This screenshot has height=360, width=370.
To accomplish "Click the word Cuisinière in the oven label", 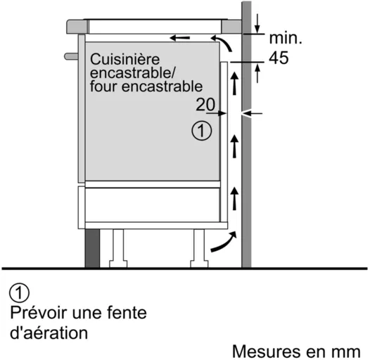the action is coord(125,59).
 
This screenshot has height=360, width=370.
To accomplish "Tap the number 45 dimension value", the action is coord(279,58).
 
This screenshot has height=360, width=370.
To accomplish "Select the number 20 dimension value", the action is coord(205,105).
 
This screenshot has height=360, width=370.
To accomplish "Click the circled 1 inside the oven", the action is coord(201,131).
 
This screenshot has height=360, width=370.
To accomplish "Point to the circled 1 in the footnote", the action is coord(20,292).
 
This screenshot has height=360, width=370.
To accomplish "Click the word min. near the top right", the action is coord(286,38).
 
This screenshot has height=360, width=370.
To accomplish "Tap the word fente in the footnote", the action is coord(127,312).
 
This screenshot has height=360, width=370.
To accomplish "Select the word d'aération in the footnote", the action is coord(49,333).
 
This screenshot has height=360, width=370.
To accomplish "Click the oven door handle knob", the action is coord(71,56).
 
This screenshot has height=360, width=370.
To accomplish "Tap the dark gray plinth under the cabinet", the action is coord(92,248).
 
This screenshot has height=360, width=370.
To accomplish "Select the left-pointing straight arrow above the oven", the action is coord(180,37).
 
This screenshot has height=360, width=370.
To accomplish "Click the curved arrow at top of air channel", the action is coord(222,42).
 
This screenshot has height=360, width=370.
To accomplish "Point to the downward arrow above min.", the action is coord(257,24).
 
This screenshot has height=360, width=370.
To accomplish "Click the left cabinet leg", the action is coord(118,248).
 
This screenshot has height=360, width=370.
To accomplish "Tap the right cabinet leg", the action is coord(199,248).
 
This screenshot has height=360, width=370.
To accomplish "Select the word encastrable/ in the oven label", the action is coord(132,73).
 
